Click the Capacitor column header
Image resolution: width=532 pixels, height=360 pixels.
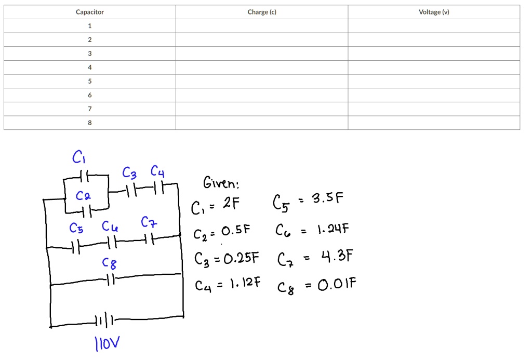pos(90,12)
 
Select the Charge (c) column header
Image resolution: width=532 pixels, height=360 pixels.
pos(262,12)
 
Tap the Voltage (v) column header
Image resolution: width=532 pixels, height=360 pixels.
pos(434,12)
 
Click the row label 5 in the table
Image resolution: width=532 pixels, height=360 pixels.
pos(90,81)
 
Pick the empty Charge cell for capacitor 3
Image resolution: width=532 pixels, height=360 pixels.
pos(262,54)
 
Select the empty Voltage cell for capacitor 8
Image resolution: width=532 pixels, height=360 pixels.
pos(434,123)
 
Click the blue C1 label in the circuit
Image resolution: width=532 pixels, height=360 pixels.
pos(79,156)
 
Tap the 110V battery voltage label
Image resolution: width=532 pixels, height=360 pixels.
pos(107,343)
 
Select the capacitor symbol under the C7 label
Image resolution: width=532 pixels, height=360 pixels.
pos(149,239)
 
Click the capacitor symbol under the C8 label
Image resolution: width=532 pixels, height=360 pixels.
pos(110,279)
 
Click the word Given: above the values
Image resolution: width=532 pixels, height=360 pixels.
pos(221,183)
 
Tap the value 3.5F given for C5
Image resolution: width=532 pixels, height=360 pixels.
pos(327,199)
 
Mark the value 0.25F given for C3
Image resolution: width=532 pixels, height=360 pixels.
pos(242,258)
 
